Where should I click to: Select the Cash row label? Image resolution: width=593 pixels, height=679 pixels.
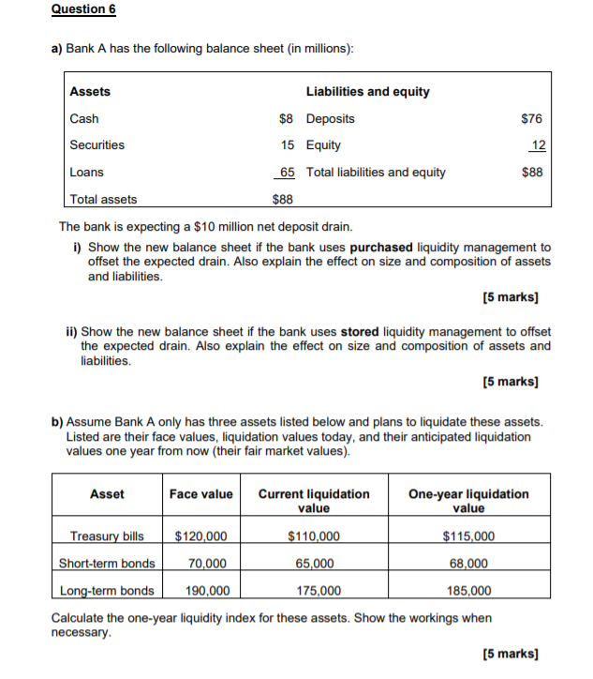click(84, 118)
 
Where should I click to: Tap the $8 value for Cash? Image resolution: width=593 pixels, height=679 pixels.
click(286, 118)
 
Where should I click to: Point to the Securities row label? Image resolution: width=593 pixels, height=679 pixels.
click(96, 144)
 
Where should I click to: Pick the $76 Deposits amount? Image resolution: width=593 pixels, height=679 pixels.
click(531, 118)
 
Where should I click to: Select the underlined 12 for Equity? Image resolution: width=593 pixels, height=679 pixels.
click(537, 144)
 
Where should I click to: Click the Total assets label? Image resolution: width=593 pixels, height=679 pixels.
click(103, 199)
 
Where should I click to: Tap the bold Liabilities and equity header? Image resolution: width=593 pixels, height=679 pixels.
click(368, 91)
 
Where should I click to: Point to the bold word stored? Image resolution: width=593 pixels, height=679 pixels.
click(360, 331)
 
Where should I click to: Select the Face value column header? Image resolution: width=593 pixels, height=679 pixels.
click(200, 493)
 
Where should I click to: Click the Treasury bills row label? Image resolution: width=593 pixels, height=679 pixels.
click(107, 536)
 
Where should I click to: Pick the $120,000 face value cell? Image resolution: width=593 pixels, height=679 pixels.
click(200, 536)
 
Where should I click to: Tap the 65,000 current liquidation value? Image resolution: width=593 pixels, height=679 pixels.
click(314, 564)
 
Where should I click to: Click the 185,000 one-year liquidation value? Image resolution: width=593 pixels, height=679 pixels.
click(468, 591)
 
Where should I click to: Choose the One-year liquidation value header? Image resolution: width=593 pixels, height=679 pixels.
click(468, 501)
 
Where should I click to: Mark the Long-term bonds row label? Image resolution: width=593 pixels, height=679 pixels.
click(107, 591)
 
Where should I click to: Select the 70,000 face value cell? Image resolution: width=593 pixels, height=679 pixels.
click(207, 564)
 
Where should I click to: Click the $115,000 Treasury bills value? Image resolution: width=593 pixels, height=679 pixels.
click(468, 536)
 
